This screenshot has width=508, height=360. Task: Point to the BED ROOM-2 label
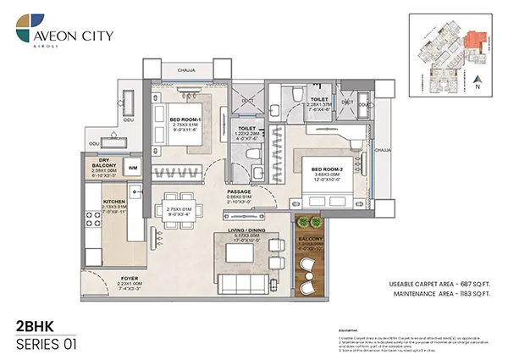pyautogui.click(x=326, y=166)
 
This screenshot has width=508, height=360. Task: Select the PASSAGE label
pyautogui.click(x=238, y=191)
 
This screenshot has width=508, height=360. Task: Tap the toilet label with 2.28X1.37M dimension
pyautogui.click(x=319, y=99)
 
